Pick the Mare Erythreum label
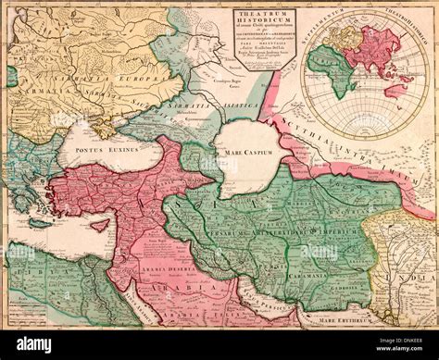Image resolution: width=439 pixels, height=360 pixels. tap(347, 319)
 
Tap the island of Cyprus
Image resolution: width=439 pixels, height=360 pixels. tap(100, 225)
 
